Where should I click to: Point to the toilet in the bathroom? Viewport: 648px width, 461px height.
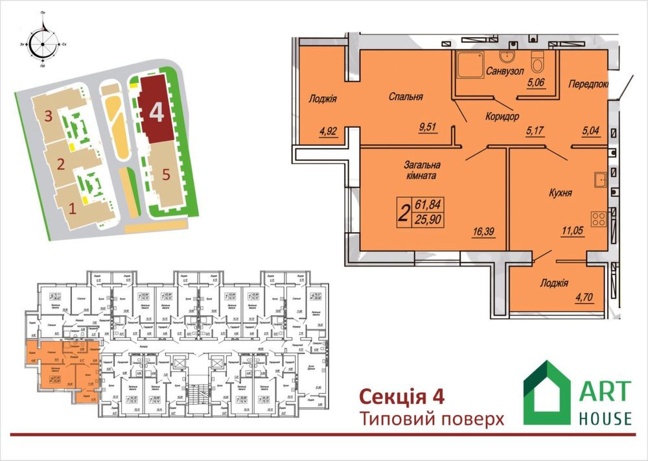(537, 62)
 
